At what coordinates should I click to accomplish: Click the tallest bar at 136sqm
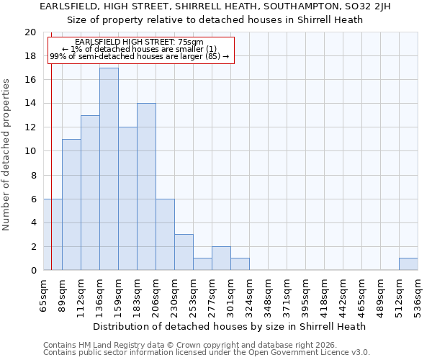click(109, 169)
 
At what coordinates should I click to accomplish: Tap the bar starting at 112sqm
click(90, 193)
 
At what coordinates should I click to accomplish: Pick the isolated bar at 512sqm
click(408, 264)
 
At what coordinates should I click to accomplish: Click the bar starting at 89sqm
click(71, 204)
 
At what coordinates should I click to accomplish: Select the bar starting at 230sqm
click(184, 252)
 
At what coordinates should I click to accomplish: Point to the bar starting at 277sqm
click(221, 258)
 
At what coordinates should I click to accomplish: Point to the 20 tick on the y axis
click(30, 32)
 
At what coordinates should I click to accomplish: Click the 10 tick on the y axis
click(30, 151)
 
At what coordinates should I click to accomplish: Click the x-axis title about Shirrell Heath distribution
click(230, 326)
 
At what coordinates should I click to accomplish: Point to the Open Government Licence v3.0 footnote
click(207, 353)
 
